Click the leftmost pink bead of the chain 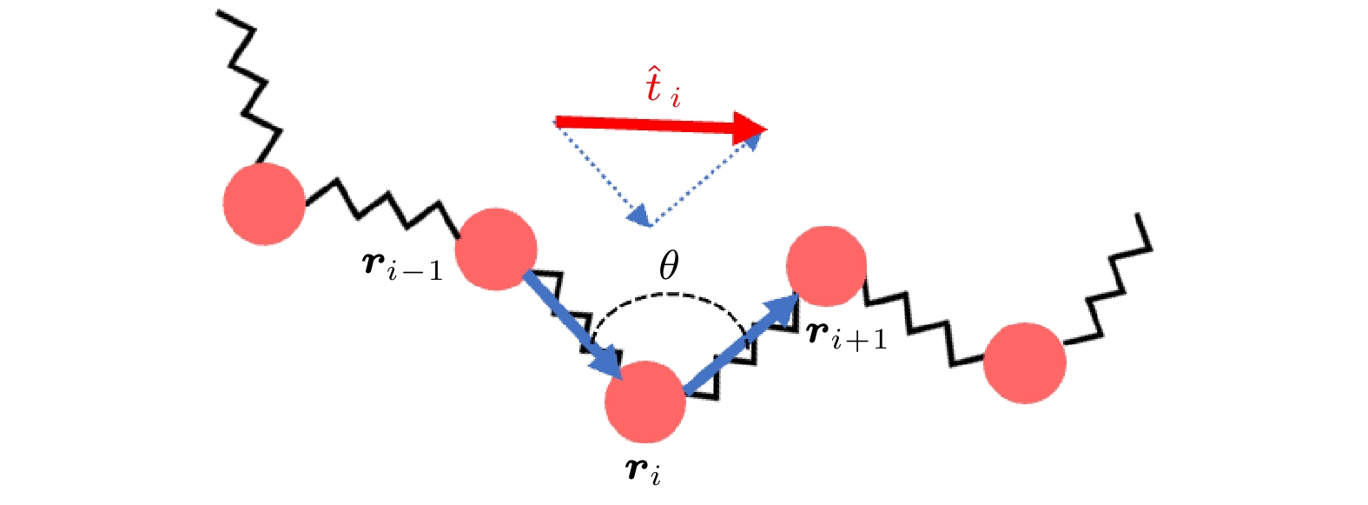(264, 203)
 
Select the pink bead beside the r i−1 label (496, 249)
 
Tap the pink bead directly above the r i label (646, 402)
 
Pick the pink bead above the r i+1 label (826, 265)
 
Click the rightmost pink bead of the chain (1025, 362)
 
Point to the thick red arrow (660, 125)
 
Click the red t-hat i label (662, 88)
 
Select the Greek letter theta (668, 265)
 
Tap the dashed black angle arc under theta (667, 296)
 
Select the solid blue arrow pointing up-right (741, 344)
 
